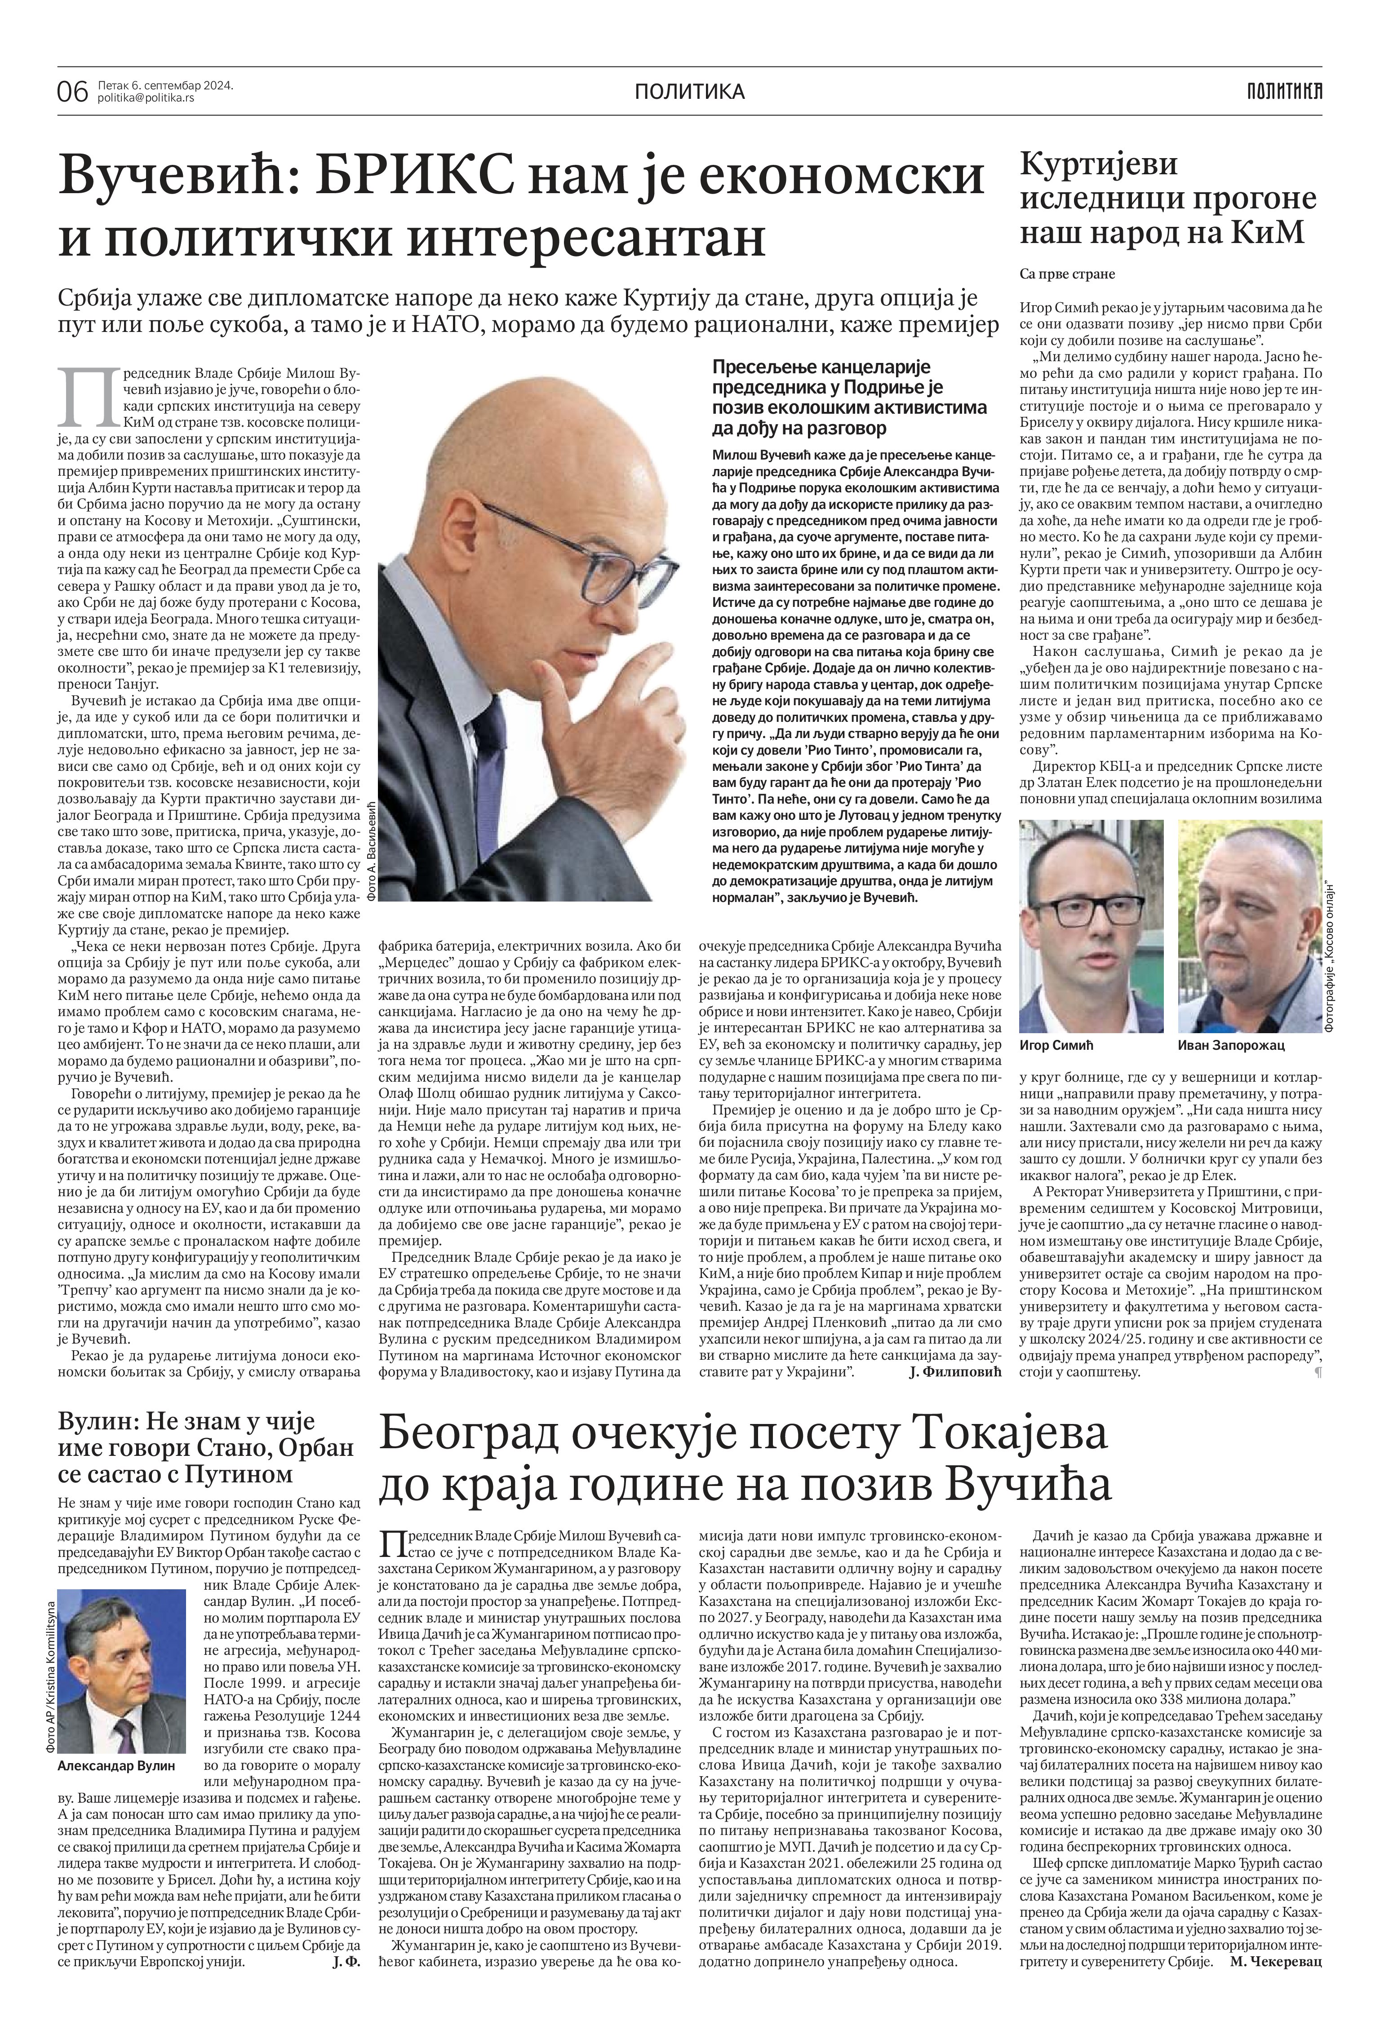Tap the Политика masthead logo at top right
(x=1285, y=90)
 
